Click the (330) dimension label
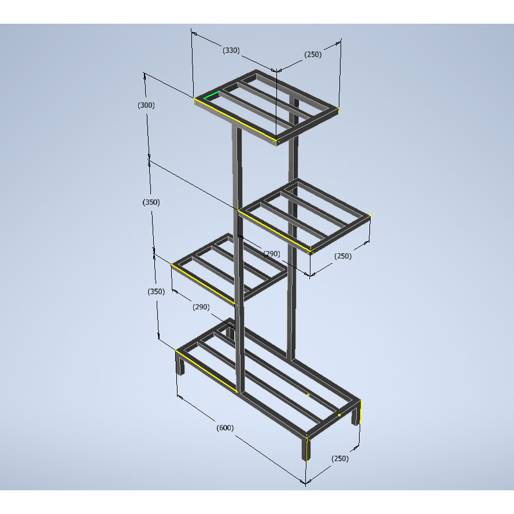click(231, 50)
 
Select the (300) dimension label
click(146, 105)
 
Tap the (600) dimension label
click(225, 428)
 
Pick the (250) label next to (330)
click(313, 54)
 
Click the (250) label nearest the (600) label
click(340, 458)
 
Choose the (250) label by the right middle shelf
click(343, 256)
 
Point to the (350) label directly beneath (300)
click(151, 202)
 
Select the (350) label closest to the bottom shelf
click(156, 292)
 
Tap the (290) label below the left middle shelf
click(201, 307)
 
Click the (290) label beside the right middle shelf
click(272, 254)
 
